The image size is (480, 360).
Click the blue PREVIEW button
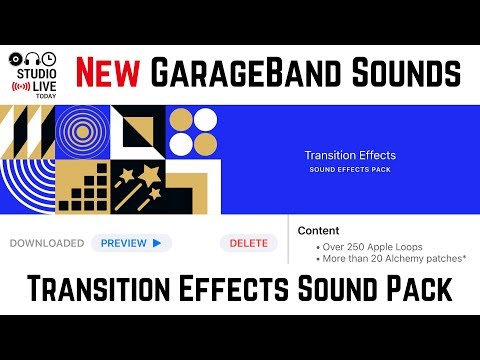coord(132,243)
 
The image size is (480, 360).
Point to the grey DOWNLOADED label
coord(47,243)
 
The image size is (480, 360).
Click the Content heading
coord(318,230)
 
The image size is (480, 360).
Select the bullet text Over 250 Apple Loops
coord(369,245)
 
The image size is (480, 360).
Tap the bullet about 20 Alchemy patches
coord(379,258)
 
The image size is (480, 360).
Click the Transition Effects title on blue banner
coord(350,155)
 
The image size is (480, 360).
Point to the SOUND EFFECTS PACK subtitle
coord(350,169)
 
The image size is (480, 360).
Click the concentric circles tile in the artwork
coord(83,134)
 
